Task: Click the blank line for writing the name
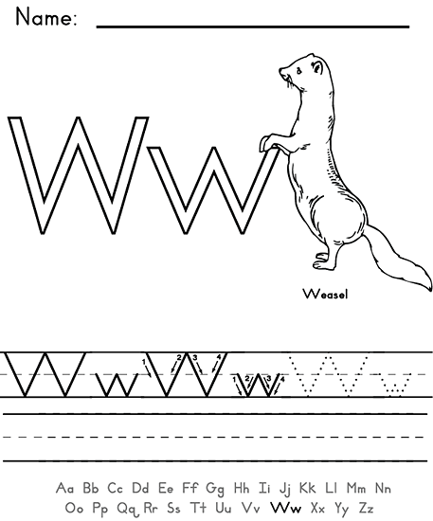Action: (253, 26)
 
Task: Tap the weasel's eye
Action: (299, 70)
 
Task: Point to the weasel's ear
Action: (317, 68)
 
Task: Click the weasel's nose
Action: (281, 71)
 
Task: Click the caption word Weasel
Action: (325, 294)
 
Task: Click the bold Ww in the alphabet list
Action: (286, 508)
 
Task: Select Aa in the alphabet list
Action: (64, 488)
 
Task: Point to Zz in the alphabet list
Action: (367, 508)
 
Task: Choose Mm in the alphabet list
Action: (356, 488)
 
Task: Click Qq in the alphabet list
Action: (127, 509)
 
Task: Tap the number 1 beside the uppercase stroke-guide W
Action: (144, 362)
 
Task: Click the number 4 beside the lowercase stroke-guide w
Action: (282, 379)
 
